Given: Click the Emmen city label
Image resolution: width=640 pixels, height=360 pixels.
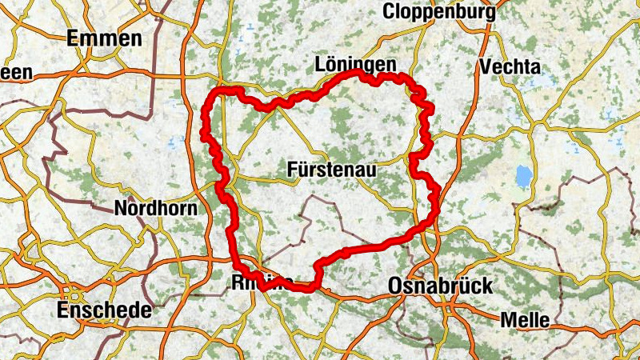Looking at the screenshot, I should (105, 38).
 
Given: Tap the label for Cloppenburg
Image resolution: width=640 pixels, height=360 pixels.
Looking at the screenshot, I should (439, 11).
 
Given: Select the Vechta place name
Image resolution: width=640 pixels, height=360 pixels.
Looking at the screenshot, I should (510, 66).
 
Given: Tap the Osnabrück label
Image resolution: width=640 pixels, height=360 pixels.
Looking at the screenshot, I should (440, 286).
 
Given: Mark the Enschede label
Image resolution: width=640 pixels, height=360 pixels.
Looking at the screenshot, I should (104, 310).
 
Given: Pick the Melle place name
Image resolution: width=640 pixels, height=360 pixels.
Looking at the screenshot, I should (525, 320).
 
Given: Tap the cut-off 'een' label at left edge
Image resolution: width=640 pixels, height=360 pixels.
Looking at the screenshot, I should (16, 73).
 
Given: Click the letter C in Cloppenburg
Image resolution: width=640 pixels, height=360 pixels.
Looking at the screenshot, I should (390, 11).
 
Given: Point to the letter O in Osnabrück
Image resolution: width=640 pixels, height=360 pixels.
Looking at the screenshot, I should (395, 286).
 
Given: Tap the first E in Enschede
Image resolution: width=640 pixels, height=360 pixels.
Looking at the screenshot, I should (62, 310).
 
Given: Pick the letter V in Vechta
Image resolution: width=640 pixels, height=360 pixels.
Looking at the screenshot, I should (485, 66).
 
